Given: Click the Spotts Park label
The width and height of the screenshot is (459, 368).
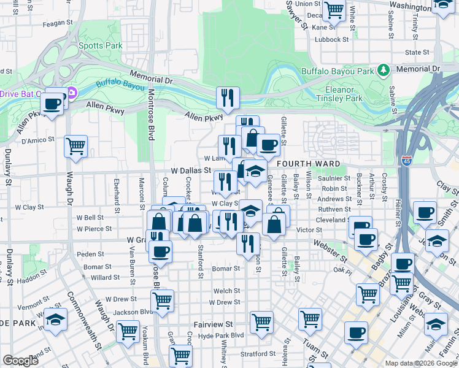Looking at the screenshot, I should [x=101, y=45].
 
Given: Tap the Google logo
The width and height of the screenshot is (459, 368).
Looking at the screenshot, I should [x=21, y=361].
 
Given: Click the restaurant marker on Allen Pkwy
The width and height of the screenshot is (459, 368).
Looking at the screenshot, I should [x=227, y=97].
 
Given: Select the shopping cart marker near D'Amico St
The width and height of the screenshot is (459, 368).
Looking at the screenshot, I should [x=75, y=145].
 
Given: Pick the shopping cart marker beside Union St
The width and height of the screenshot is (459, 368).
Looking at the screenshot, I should [x=334, y=9].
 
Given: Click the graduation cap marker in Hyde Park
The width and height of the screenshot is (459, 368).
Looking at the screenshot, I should [x=55, y=320].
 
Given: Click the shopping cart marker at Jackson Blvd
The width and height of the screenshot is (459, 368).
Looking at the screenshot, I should [x=162, y=301].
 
